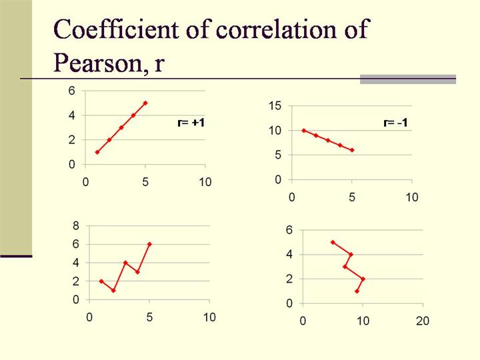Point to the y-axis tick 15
click(275, 105)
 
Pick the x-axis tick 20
click(423, 321)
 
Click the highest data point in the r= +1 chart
click(145, 103)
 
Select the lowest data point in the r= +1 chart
click(97, 152)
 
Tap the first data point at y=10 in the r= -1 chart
click(304, 131)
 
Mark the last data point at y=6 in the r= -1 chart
click(352, 150)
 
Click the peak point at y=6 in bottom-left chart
click(149, 244)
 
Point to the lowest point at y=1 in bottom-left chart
click(113, 291)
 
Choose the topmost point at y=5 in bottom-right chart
click(333, 242)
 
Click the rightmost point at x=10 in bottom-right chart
click(363, 279)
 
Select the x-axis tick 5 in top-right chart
click(352, 197)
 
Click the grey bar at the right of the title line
click(407, 79)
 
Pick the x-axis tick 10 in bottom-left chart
click(209, 317)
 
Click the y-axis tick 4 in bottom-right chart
click(289, 254)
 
